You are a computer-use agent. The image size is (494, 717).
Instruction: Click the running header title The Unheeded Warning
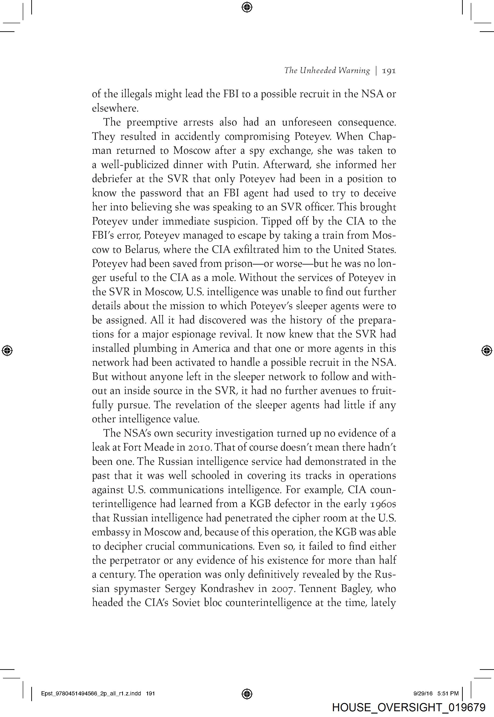(327, 71)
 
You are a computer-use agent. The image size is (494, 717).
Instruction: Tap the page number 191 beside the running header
(389, 71)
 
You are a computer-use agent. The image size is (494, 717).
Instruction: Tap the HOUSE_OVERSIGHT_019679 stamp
(409, 707)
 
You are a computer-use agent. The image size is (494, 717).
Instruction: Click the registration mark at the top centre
(247, 7)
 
